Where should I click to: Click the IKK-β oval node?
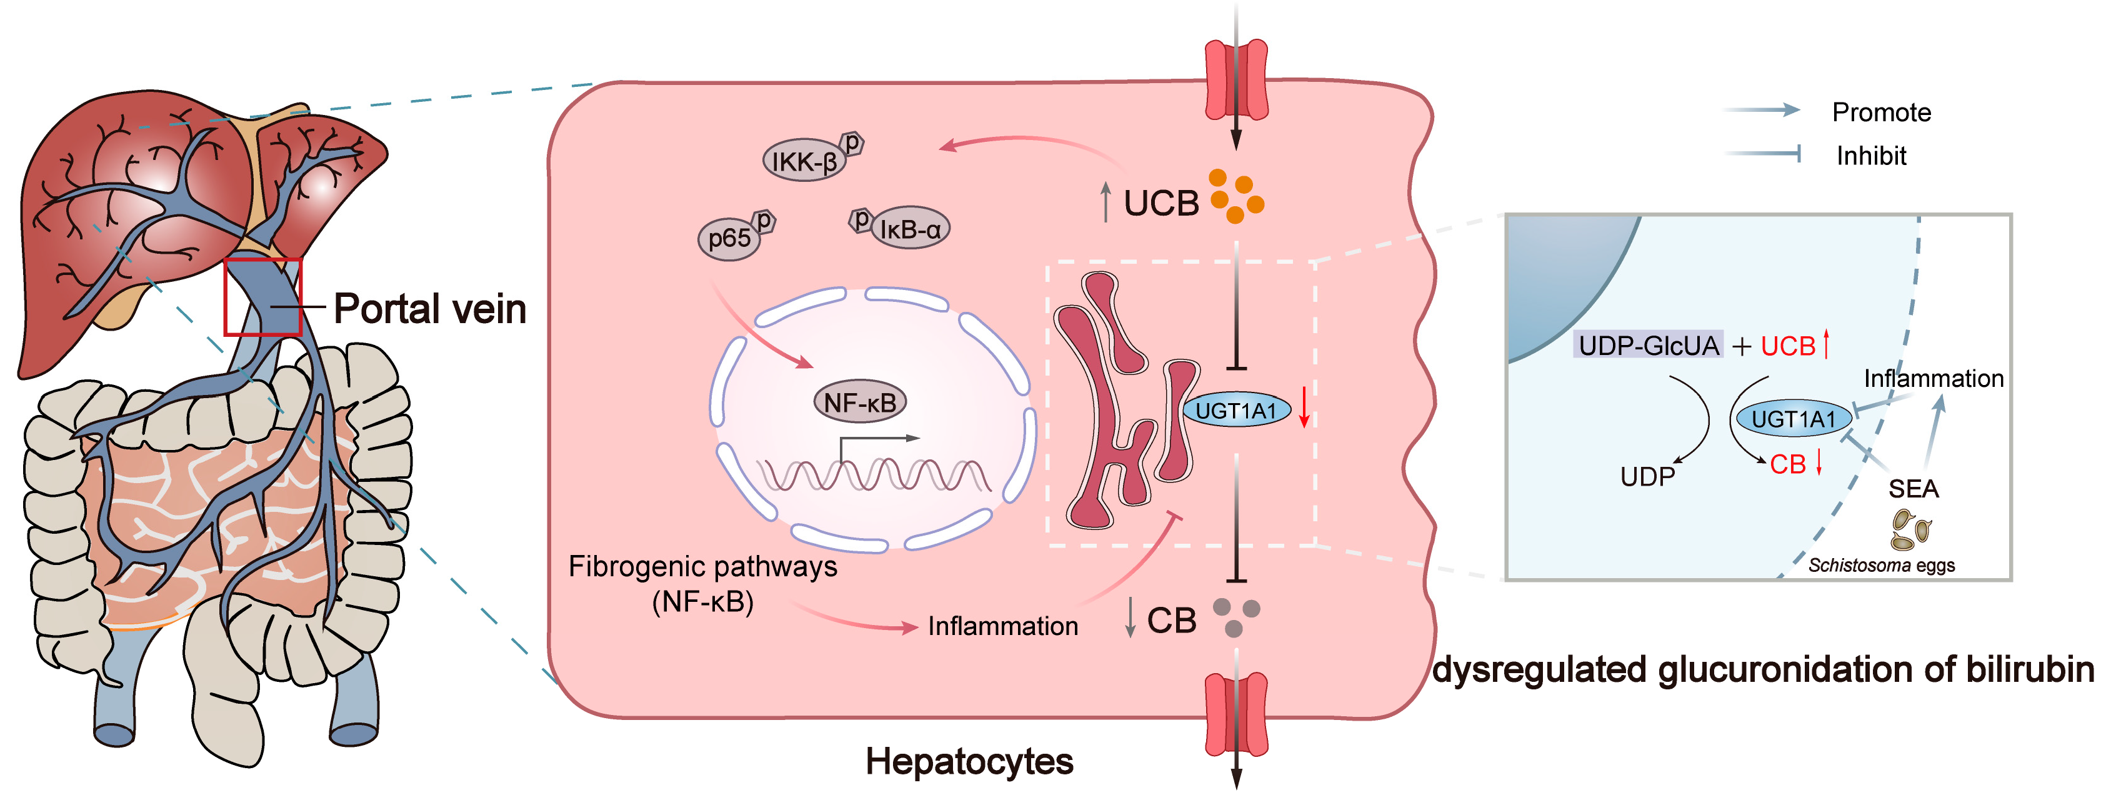pyautogui.click(x=804, y=161)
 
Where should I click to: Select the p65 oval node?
pyautogui.click(x=729, y=239)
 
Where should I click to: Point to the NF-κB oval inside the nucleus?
pyautogui.click(x=860, y=402)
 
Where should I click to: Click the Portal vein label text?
pyautogui.click(x=429, y=309)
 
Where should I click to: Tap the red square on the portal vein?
pyautogui.click(x=263, y=297)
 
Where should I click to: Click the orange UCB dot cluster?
pyautogui.click(x=1235, y=196)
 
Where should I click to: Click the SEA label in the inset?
pyautogui.click(x=1913, y=489)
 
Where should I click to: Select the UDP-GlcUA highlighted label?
pyautogui.click(x=1648, y=345)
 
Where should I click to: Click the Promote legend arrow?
pyautogui.click(x=1762, y=110)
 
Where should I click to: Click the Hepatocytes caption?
pyautogui.click(x=969, y=761)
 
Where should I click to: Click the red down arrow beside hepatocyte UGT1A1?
pyautogui.click(x=1304, y=407)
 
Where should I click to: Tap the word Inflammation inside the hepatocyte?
pyautogui.click(x=1002, y=626)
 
